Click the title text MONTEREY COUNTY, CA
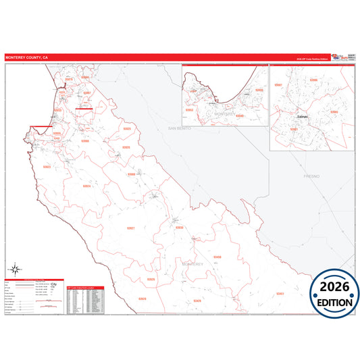[x=27, y=58]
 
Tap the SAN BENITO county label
[x=180, y=128]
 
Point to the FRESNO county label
[x=311, y=175]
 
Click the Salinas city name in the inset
[x=302, y=116]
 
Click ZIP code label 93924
[x=86, y=186]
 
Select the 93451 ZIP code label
[x=280, y=294]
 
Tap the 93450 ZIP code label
[x=217, y=257]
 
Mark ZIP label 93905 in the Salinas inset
[x=334, y=111]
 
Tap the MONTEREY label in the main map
[x=201, y=264]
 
